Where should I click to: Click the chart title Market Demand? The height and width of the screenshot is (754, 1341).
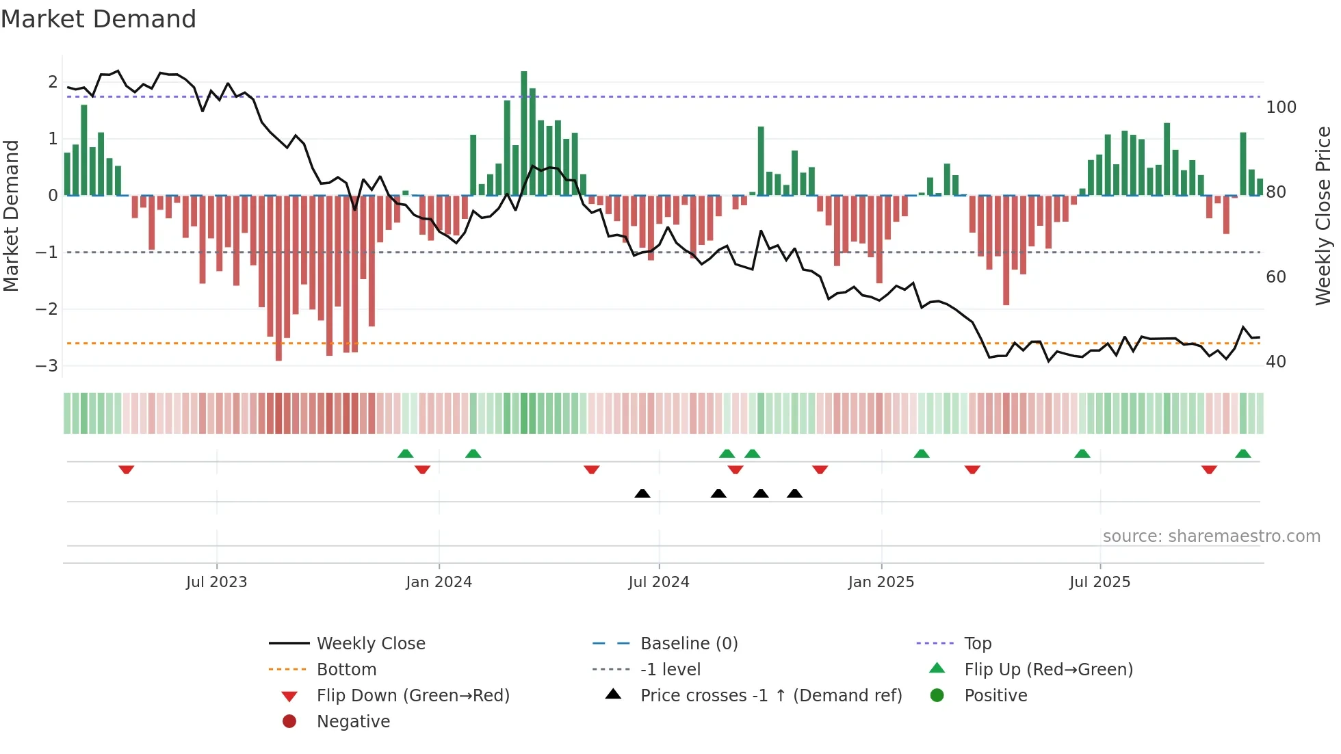click(99, 19)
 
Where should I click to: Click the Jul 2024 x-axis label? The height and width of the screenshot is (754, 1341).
click(658, 582)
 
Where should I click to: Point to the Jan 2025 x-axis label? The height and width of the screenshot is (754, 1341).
click(881, 582)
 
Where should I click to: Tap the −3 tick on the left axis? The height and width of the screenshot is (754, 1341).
click(47, 365)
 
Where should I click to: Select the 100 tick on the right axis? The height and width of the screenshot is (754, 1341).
click(1281, 107)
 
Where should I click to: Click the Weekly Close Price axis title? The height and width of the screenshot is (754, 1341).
click(1323, 216)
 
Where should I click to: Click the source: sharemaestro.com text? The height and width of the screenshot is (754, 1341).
click(1211, 536)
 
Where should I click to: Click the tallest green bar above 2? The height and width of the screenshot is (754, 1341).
click(524, 130)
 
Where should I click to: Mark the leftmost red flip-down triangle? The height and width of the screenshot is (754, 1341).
click(126, 469)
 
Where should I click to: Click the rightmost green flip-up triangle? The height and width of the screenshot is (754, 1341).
click(1243, 454)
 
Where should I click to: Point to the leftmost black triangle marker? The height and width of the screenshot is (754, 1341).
click(642, 493)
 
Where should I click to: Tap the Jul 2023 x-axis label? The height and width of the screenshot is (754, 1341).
click(216, 582)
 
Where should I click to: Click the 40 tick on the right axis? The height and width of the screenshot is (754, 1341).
click(1275, 362)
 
